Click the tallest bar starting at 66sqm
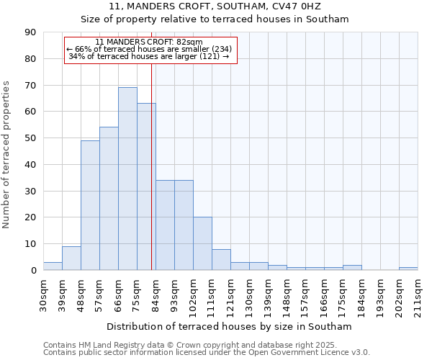tap(127, 179)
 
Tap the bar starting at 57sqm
tap(109, 199)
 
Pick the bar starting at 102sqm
tap(202, 243)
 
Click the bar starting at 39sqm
tap(71, 258)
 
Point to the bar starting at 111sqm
tap(221, 259)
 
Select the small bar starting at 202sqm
tap(408, 269)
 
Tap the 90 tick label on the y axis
tap(30, 32)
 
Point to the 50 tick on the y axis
tap(30, 138)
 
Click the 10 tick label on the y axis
tap(30, 244)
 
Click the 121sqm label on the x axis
tap(231, 296)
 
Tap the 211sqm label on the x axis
tap(418, 296)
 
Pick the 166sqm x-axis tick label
tap(325, 296)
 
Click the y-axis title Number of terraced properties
tap(7, 155)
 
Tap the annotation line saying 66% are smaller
tap(149, 49)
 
